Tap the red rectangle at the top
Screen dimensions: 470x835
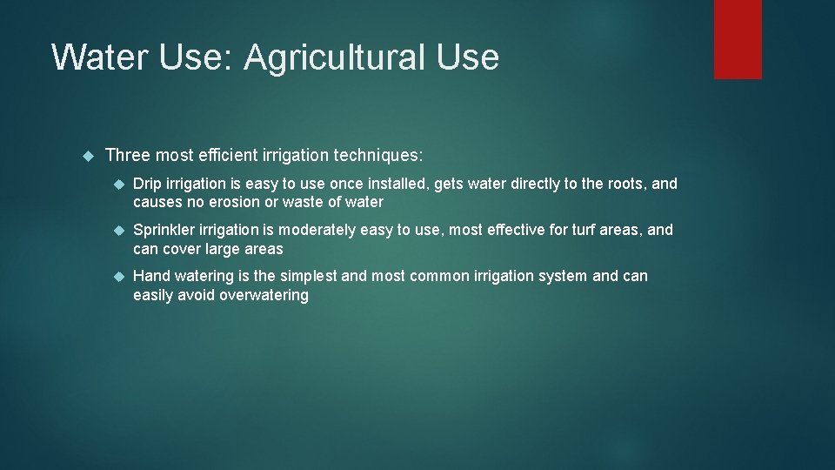(738, 39)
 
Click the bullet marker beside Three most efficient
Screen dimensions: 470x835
(86, 156)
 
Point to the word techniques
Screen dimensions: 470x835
(375, 156)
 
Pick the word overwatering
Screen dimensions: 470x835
(264, 295)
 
